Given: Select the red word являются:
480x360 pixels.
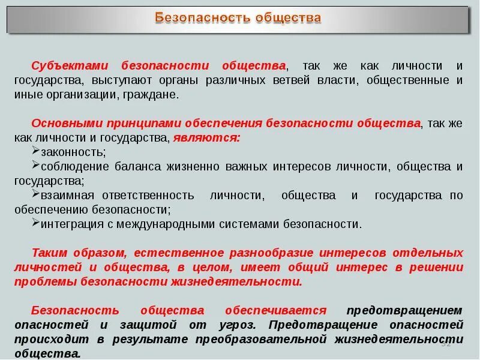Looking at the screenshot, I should pyautogui.click(x=206, y=137).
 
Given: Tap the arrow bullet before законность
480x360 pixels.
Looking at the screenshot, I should pyautogui.click(x=36, y=151).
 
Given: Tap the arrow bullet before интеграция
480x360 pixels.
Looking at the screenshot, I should pyautogui.click(x=36, y=223).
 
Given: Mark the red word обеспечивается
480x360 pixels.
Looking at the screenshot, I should pyautogui.click(x=275, y=310).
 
